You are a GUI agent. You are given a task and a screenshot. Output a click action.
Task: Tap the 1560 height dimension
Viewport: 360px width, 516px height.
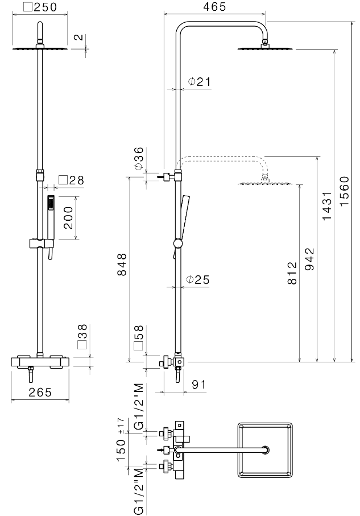pos(345,191)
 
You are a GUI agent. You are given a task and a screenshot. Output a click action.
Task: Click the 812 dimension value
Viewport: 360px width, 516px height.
pos(291,274)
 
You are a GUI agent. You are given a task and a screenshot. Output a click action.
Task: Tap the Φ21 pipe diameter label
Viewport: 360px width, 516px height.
pos(199,82)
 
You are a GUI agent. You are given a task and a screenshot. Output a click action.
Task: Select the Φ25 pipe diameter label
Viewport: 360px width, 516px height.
pos(198,279)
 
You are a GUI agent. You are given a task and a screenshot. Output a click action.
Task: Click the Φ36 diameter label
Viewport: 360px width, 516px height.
pos(139,159)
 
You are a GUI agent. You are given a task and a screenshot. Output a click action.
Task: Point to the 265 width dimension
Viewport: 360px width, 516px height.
pos(40,392)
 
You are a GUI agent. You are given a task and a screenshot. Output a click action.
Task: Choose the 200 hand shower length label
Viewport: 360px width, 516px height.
pos(68,217)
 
